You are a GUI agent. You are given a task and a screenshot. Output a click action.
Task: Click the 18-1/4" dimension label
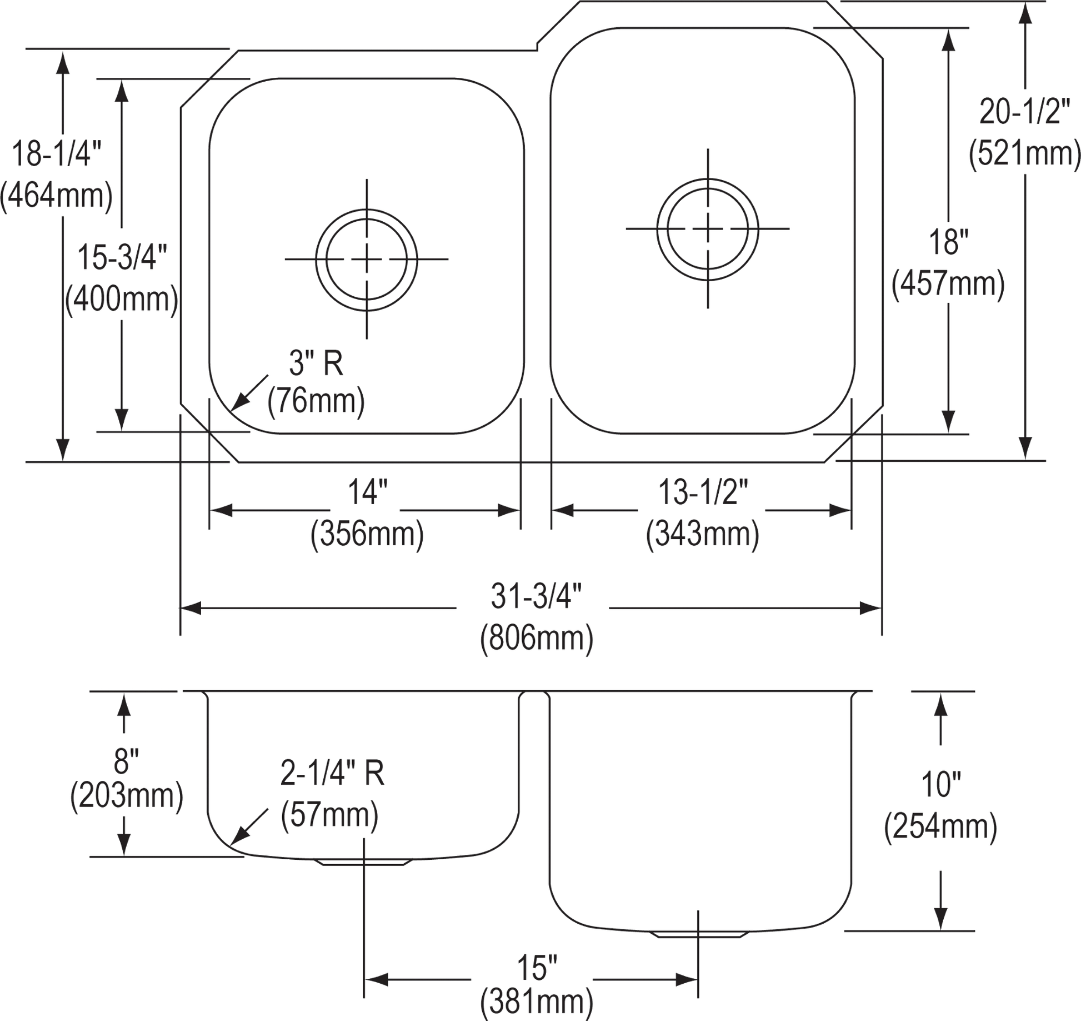pyautogui.click(x=57, y=153)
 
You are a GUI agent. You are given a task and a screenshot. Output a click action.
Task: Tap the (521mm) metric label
pyautogui.click(x=1024, y=156)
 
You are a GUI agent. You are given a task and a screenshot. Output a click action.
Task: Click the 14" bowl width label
pyautogui.click(x=367, y=492)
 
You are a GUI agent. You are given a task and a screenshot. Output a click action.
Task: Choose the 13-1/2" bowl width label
pyautogui.click(x=703, y=492)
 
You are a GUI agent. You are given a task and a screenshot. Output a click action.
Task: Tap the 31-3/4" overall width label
pyautogui.click(x=536, y=596)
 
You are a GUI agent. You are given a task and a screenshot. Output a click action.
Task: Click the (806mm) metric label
pyautogui.click(x=537, y=639)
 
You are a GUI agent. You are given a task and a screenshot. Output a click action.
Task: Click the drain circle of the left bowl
pyautogui.click(x=366, y=260)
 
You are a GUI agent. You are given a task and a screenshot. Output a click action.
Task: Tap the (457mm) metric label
pyautogui.click(x=948, y=286)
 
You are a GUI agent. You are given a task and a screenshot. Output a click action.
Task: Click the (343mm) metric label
pyautogui.click(x=702, y=535)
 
